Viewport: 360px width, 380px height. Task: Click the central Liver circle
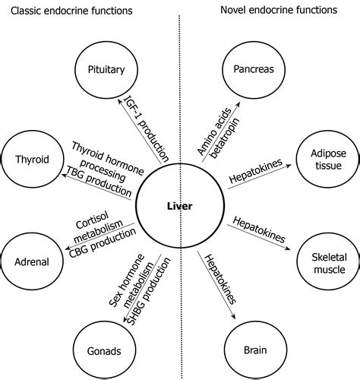point(180,206)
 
